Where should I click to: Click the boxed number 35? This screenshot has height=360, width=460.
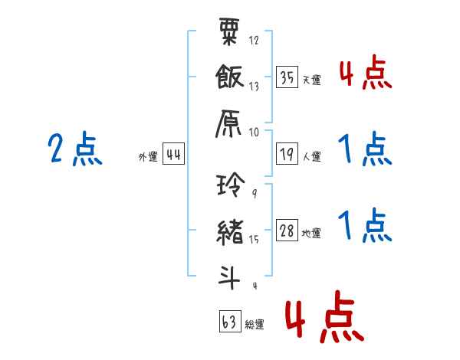(287, 78)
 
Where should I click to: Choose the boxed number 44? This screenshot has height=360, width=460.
(173, 155)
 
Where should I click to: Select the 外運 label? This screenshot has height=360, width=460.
(147, 158)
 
